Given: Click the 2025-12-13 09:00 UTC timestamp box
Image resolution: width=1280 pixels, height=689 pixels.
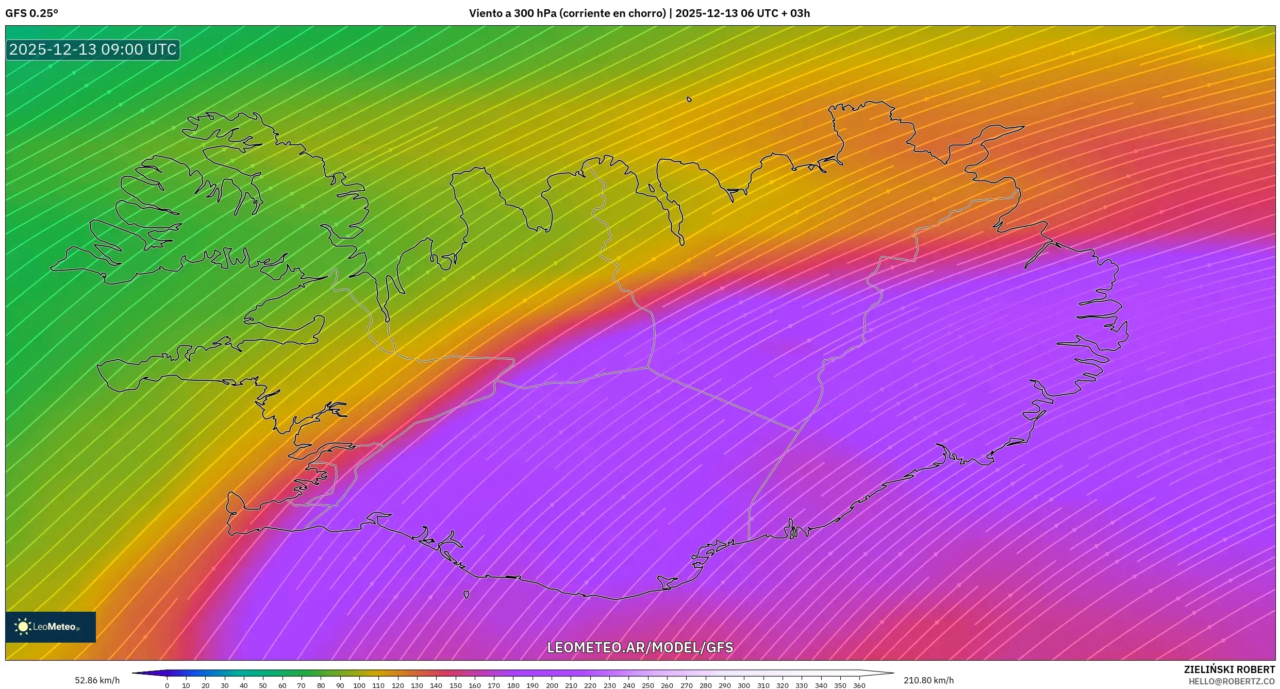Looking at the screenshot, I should [x=93, y=49].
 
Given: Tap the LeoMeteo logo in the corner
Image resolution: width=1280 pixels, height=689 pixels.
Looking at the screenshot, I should [x=51, y=627].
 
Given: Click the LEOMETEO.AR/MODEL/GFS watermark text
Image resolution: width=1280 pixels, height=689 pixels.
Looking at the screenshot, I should [x=640, y=647].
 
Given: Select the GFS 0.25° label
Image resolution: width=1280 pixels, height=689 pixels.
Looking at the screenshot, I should [x=32, y=13].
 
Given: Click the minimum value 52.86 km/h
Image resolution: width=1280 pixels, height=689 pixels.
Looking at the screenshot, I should [x=97, y=680].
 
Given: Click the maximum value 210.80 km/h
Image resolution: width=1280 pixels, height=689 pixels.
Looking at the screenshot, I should [x=928, y=680].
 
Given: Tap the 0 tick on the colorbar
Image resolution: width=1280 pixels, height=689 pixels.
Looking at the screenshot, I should [x=167, y=685].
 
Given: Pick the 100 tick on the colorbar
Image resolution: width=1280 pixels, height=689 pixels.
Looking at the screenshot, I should [x=359, y=685].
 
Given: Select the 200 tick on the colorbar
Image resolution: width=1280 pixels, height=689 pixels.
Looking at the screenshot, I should [x=552, y=685].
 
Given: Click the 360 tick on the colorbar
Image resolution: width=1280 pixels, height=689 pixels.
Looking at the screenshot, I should [x=859, y=685].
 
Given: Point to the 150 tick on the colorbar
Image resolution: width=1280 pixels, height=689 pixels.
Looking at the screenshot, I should [x=455, y=685].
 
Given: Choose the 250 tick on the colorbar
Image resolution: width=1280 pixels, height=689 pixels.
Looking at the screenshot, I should [x=647, y=685].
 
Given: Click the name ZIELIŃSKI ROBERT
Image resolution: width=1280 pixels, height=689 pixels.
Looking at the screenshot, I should [x=1229, y=669].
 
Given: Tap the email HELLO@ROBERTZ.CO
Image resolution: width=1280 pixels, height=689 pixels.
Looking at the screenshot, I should [x=1232, y=681].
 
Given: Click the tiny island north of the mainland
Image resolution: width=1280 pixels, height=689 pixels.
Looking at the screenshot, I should [x=689, y=99].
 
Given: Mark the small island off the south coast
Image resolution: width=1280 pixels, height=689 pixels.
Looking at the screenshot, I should [x=467, y=595].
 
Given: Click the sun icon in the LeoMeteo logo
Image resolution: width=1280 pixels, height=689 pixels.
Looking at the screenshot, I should [x=23, y=627].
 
